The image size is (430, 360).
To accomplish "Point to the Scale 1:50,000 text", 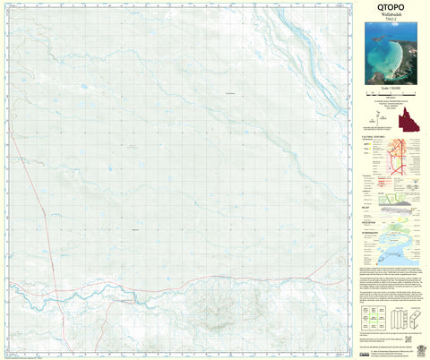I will (389, 92).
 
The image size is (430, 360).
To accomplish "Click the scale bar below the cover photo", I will (389, 98).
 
